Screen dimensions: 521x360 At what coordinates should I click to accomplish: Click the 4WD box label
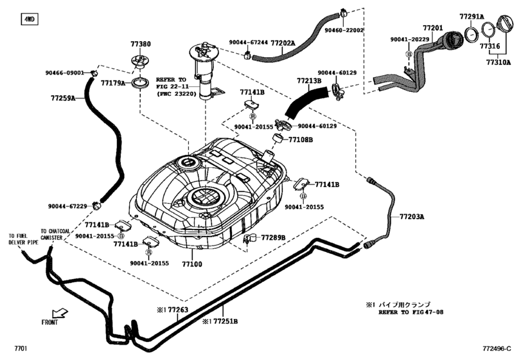coord(29,19)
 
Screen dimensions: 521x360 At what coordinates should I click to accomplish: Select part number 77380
coord(141,44)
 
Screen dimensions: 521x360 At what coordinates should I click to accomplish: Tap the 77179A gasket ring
coord(141,83)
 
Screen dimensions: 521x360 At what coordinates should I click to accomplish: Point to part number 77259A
coord(63,98)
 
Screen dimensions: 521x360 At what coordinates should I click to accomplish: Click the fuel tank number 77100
coord(192,264)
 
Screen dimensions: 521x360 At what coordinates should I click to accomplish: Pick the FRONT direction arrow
coord(60,313)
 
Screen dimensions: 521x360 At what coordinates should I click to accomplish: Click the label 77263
coord(178,310)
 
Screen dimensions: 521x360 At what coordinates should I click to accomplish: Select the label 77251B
coord(225,321)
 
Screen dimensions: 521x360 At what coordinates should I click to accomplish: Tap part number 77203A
coord(412,217)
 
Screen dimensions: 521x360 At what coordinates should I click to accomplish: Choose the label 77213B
coord(309,81)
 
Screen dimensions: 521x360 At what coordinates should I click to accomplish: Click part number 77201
coord(433,28)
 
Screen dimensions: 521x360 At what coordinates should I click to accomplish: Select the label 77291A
coord(472,16)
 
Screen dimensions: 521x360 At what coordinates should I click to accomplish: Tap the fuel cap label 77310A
coord(499,62)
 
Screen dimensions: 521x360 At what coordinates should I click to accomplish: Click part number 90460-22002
coord(344,30)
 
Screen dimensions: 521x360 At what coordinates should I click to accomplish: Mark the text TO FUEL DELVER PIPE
coord(24,239)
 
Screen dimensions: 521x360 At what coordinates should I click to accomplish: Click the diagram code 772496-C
coord(497,348)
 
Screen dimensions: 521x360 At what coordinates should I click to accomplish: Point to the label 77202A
coord(283,43)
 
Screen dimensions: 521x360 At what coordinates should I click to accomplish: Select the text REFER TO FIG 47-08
coord(411,312)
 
